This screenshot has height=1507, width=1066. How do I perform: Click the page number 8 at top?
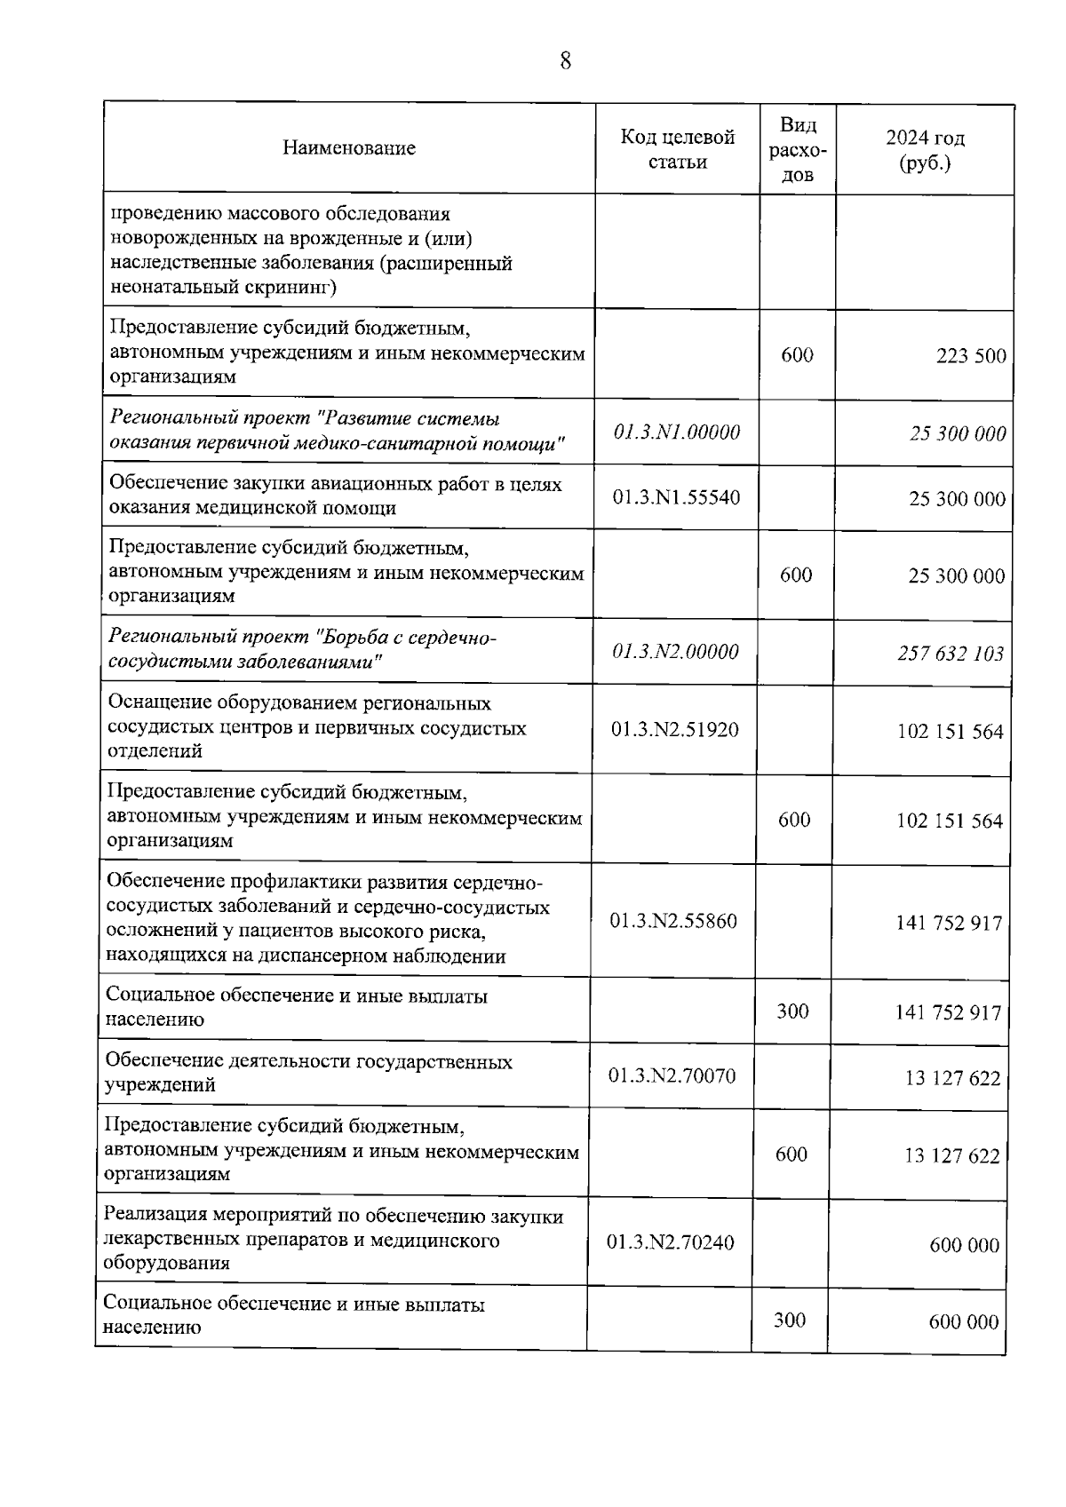point(566,60)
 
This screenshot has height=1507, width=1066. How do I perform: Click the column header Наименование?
point(349,148)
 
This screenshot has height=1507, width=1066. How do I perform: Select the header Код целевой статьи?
point(677,149)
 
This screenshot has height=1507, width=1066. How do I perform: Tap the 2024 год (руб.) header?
point(925,150)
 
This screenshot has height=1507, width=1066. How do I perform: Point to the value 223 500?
point(971,357)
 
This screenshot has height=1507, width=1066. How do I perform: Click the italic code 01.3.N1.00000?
point(676,432)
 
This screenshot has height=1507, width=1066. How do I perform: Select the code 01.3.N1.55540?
point(676,497)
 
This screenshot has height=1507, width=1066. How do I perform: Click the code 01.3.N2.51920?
point(674,730)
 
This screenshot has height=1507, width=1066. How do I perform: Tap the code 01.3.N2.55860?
point(672,922)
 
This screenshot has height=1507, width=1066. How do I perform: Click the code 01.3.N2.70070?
point(672,1076)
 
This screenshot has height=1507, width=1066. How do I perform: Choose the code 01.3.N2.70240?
point(670,1242)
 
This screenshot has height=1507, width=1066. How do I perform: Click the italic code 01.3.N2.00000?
point(675,652)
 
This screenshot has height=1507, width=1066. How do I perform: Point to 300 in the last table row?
point(789,1321)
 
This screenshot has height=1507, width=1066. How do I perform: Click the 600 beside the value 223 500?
point(797,355)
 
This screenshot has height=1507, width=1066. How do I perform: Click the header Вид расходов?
point(797,150)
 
